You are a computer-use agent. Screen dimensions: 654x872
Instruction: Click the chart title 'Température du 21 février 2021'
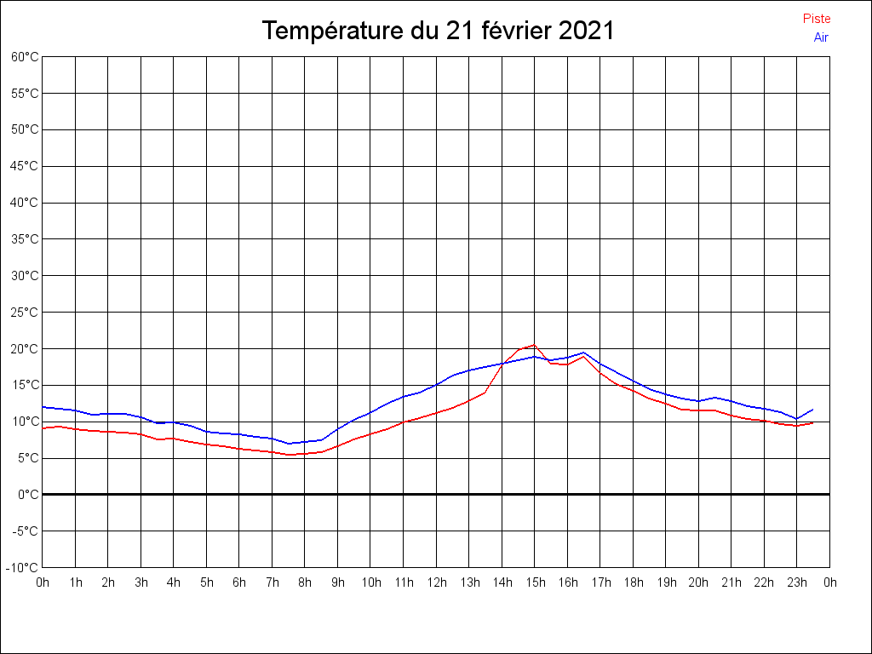(438, 31)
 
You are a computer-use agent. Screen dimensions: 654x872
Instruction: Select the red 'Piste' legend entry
(817, 19)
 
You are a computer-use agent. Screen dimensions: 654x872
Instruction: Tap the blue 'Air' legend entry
(821, 37)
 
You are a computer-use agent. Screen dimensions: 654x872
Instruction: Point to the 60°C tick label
(25, 56)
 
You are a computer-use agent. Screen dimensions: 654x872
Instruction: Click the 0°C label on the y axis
(29, 494)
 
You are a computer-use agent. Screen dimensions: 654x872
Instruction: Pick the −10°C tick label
(23, 567)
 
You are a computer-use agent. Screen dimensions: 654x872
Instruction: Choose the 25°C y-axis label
(25, 312)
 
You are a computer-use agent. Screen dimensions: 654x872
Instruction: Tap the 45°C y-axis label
(25, 166)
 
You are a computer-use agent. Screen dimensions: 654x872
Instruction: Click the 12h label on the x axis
(436, 582)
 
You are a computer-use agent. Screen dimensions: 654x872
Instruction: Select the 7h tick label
(272, 582)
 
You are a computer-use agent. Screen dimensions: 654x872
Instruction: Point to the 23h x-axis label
(797, 582)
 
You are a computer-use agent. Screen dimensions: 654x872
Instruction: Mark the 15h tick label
(535, 582)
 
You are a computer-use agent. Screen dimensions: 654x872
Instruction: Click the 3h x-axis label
(141, 582)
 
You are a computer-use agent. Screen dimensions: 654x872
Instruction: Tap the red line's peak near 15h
(534, 345)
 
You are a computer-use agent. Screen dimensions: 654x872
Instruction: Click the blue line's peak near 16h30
(583, 353)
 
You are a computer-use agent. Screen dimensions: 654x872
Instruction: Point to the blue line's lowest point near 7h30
(290, 444)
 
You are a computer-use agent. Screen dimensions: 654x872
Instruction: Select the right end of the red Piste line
(813, 422)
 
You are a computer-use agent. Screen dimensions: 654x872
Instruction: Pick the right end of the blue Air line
(813, 410)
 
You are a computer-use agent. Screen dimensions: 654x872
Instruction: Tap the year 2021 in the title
(587, 31)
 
